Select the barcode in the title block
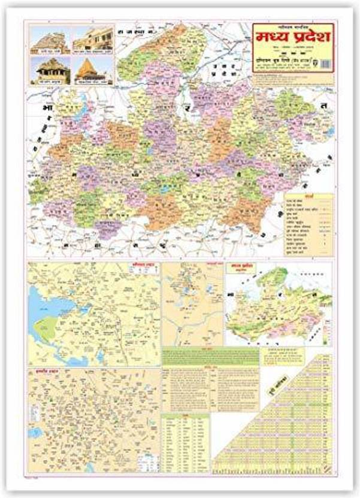click(325, 60)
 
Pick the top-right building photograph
click(92, 39)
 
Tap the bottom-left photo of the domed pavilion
click(50, 70)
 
